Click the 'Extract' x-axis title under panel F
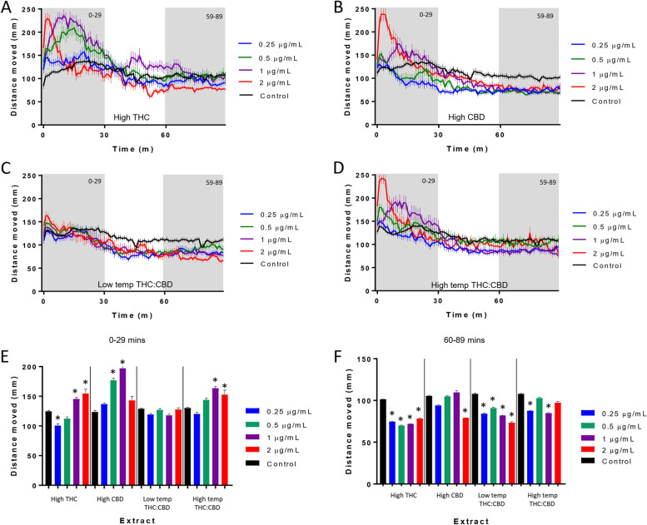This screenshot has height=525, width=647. pos(460,518)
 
